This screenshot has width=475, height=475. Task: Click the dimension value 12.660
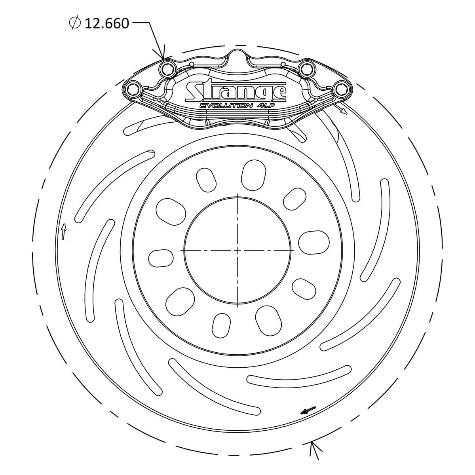(107, 24)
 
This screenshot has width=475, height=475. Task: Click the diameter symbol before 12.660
(75, 23)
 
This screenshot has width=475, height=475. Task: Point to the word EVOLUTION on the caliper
(226, 106)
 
